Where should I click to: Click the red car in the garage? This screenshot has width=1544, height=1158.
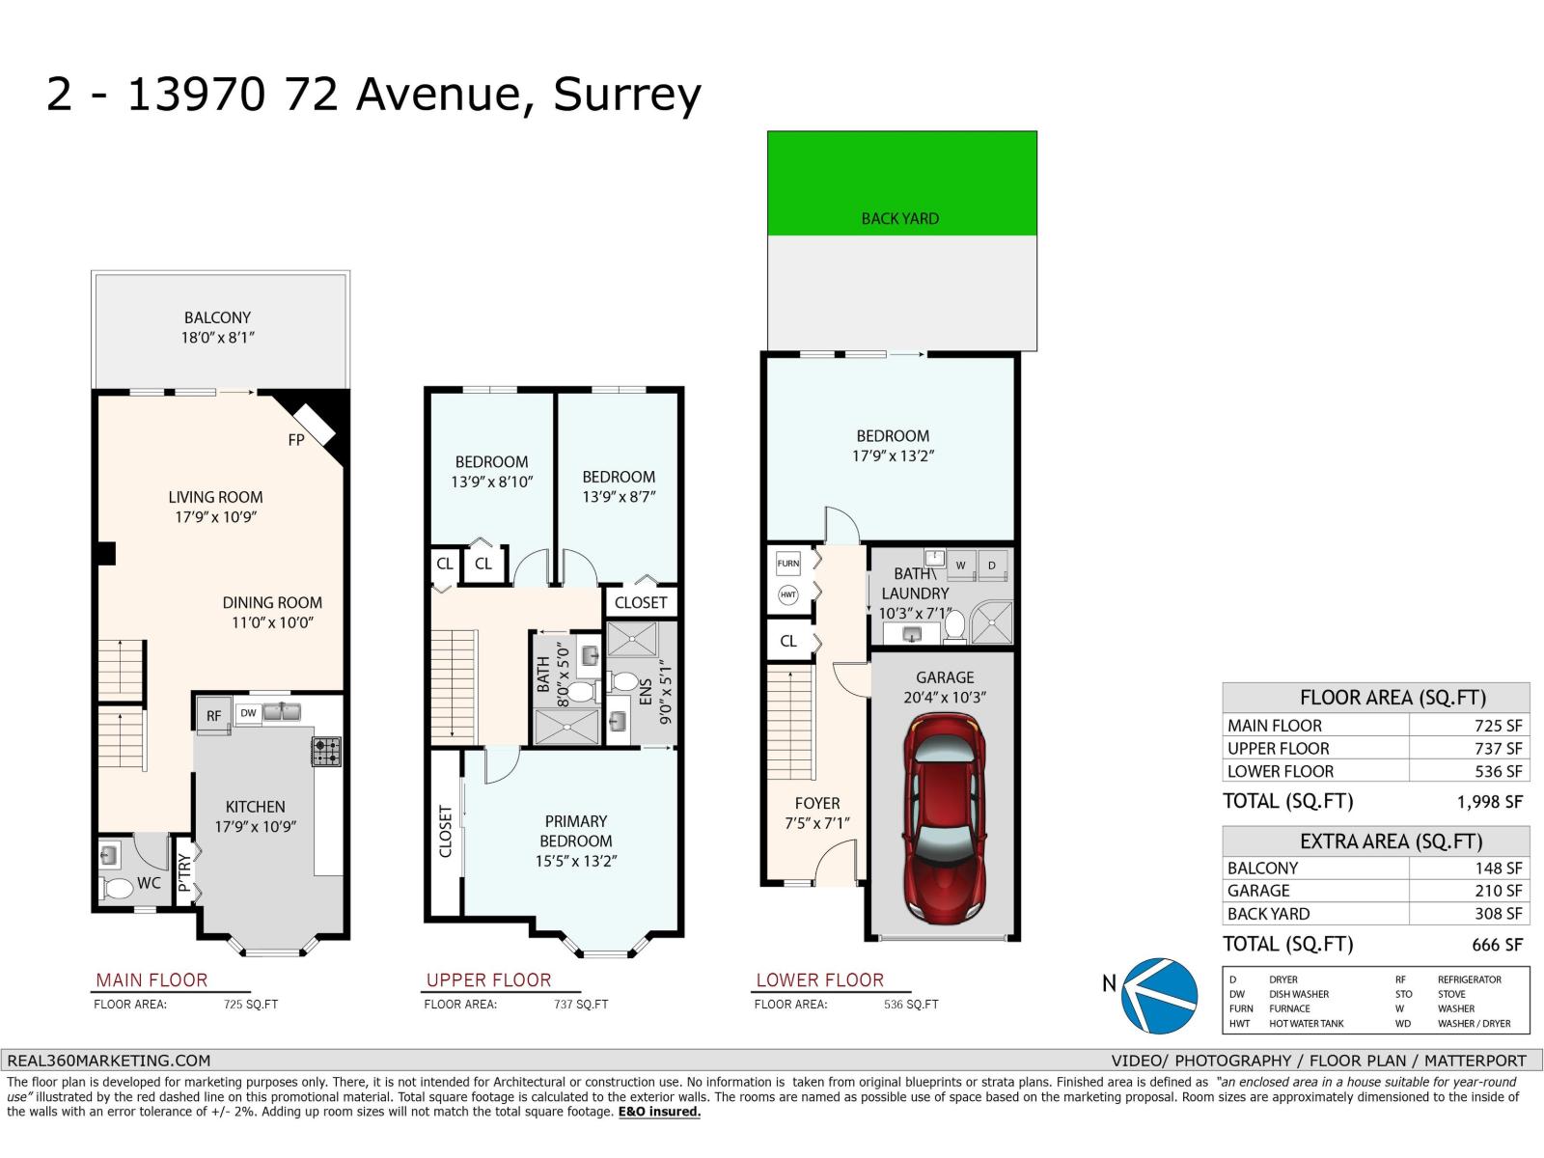point(944,816)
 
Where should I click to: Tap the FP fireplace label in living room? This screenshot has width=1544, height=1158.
point(296,440)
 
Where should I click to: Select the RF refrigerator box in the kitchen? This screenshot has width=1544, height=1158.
point(213,716)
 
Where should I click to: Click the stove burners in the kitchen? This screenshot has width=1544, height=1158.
point(325,751)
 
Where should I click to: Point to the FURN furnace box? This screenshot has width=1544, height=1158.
point(788,564)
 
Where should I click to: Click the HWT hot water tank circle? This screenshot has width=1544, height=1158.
point(788,595)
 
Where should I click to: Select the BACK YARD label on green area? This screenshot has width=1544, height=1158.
point(899,219)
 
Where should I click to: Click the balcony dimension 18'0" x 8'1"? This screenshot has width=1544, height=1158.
point(217,338)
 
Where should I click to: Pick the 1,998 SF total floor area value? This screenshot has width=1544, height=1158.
point(1489,802)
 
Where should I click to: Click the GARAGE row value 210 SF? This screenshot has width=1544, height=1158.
point(1498,891)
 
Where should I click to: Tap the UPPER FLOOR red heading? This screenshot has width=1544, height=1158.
point(488,980)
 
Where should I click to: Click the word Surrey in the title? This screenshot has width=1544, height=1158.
point(626,96)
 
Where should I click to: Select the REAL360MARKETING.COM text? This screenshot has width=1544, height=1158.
point(108,1061)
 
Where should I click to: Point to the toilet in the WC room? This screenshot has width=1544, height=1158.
point(118,888)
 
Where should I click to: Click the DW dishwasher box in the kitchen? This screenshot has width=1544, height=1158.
point(248,714)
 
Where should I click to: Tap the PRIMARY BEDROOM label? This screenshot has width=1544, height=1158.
point(575,831)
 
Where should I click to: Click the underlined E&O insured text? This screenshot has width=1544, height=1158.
point(659,1112)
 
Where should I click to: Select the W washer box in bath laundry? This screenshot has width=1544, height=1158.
point(960,565)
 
